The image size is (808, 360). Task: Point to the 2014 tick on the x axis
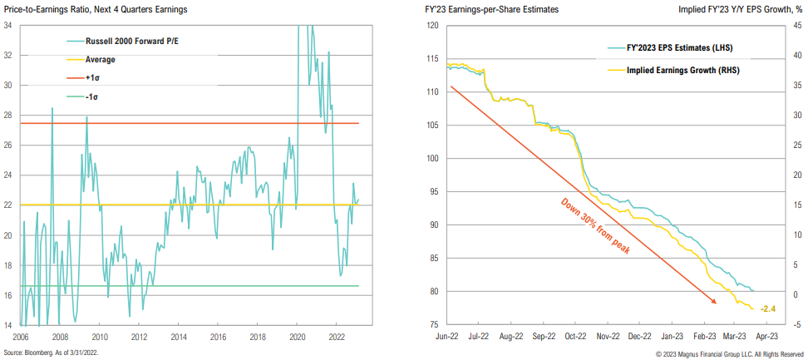[x=179, y=338]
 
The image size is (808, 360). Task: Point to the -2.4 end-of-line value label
[x=770, y=309]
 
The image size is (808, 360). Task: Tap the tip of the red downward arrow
[x=717, y=303]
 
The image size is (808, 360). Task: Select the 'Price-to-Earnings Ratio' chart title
[x=94, y=9]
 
